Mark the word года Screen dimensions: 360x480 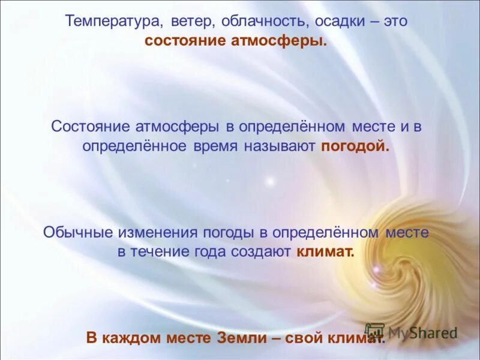point(212,252)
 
